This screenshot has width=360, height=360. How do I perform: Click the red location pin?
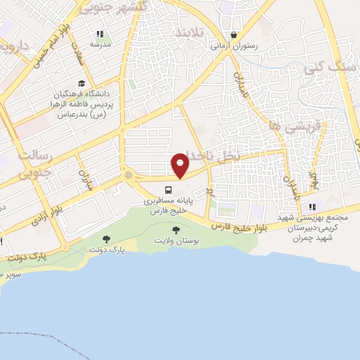pyautogui.click(x=181, y=164)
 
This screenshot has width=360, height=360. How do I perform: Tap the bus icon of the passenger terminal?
pyautogui.click(x=169, y=190)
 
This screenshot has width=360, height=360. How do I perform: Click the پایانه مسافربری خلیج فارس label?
pyautogui.click(x=169, y=205)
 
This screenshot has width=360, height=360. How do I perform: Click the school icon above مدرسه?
pyautogui.click(x=101, y=34)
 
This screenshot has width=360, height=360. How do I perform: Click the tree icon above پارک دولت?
pyautogui.click(x=106, y=239)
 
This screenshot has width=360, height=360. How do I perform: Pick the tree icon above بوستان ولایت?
pyautogui.click(x=175, y=230)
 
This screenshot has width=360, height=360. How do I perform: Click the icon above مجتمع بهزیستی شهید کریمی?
pyautogui.click(x=312, y=207)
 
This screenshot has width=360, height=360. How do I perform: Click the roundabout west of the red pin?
pyautogui.click(x=128, y=174)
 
